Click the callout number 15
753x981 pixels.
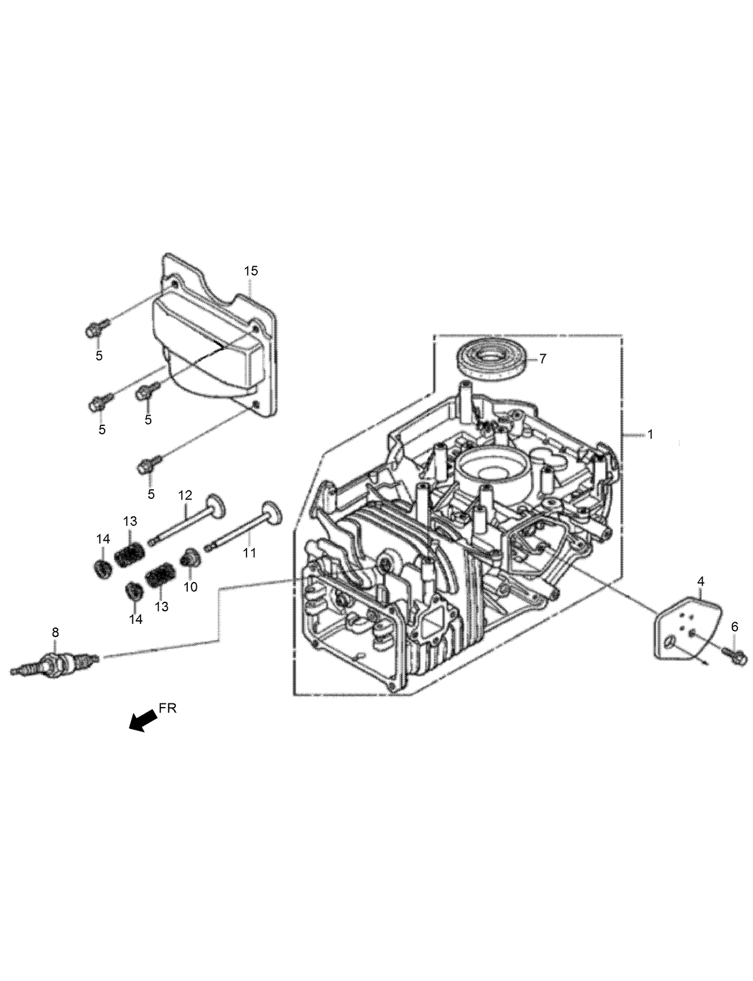click(251, 271)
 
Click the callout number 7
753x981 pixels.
click(542, 359)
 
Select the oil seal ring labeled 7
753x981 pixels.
click(493, 361)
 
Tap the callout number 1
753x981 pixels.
click(650, 434)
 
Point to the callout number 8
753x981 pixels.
click(55, 632)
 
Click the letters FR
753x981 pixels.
click(168, 709)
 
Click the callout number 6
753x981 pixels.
click(734, 627)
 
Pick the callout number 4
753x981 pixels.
click(700, 581)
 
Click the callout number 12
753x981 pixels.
click(185, 495)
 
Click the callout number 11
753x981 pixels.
click(249, 553)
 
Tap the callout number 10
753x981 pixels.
click(190, 587)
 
